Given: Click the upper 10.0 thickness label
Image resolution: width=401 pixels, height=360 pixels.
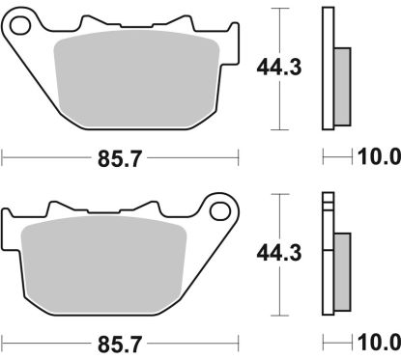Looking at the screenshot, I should click(x=379, y=156).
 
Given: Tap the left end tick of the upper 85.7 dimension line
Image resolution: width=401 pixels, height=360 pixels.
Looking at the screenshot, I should click(x=3, y=156).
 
